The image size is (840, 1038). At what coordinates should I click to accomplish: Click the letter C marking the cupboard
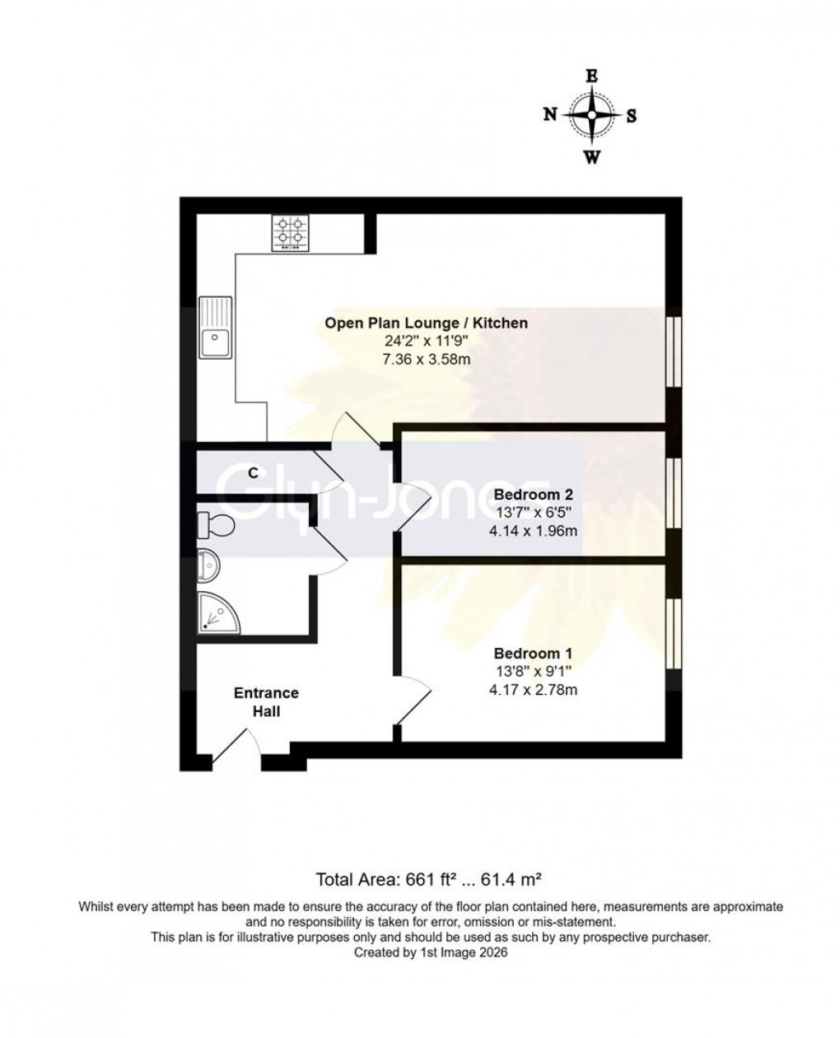[254, 473]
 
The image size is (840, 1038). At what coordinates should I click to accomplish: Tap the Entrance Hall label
[266, 701]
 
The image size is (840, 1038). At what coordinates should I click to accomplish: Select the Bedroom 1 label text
[533, 654]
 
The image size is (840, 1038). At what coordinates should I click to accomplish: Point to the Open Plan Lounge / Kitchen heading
[426, 323]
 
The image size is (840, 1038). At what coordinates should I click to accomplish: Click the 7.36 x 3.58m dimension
[426, 361]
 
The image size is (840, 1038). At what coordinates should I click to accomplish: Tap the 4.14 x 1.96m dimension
[533, 531]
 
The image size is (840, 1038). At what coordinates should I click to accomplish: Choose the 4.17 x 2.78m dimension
[533, 690]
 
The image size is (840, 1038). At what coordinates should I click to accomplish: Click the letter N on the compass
[550, 115]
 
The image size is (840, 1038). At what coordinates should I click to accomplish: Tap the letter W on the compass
[591, 158]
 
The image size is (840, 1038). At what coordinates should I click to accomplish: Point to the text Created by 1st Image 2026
[431, 952]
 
